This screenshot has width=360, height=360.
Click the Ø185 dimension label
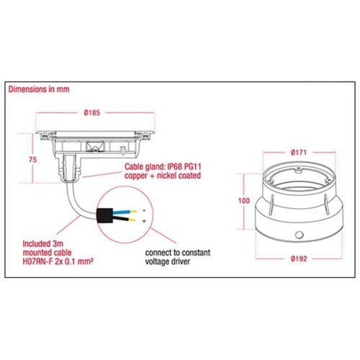point(92,112)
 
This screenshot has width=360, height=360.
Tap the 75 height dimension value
point(33,160)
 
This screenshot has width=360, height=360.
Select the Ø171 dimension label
point(299,153)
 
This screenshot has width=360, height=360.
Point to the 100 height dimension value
point(244,201)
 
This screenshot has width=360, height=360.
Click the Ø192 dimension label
point(299,258)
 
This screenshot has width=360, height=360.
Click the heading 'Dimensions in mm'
point(39,89)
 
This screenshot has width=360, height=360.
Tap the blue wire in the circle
point(122,212)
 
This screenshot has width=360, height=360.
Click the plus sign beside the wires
point(144,221)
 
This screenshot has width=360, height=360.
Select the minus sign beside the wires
point(144,211)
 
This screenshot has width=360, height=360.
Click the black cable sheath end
point(104,215)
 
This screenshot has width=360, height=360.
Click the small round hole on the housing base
point(299,235)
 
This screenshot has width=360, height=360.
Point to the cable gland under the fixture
point(70,168)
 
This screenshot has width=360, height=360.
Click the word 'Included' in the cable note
point(36,244)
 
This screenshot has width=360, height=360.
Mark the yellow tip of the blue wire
point(133,212)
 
